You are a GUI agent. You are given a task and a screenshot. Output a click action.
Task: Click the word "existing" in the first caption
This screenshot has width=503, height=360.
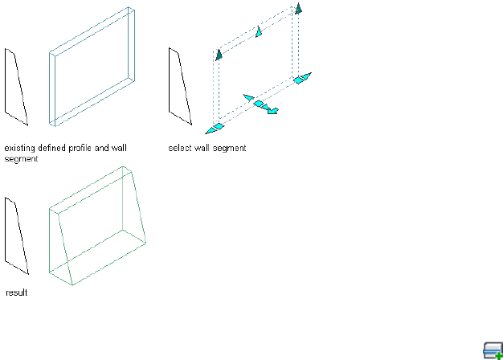pyautogui.click(x=18, y=148)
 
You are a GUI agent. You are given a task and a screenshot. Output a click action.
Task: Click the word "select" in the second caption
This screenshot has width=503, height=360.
pyautogui.click(x=180, y=148)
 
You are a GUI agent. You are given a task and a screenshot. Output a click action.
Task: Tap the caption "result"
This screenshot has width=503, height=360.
pyautogui.click(x=16, y=293)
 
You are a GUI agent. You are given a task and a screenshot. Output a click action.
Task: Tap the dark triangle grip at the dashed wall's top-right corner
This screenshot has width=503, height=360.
pyautogui.click(x=298, y=9)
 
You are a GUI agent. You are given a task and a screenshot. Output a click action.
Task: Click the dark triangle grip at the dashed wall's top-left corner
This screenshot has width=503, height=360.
pyautogui.click(x=217, y=55)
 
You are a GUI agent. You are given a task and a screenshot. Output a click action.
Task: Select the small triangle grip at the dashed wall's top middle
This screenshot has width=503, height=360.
pyautogui.click(x=259, y=31)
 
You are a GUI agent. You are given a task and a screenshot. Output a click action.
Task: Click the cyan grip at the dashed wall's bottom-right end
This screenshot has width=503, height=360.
pyautogui.click(x=302, y=79)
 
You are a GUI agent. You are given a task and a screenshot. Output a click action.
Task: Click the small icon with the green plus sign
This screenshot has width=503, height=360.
pyautogui.click(x=493, y=350)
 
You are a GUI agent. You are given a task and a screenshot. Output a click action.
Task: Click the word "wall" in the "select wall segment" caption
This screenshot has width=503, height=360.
pyautogui.click(x=204, y=148)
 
